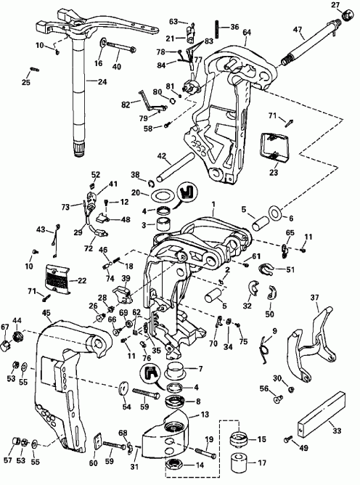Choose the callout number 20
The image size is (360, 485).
135,193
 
